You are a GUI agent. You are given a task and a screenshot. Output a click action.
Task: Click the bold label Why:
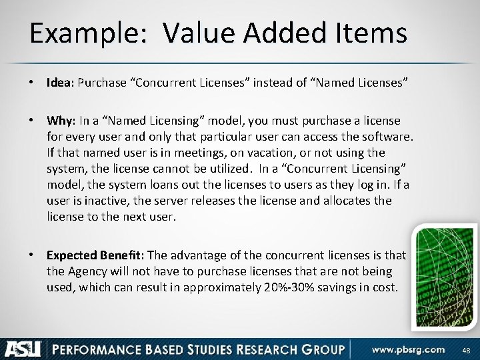pos(61,121)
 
